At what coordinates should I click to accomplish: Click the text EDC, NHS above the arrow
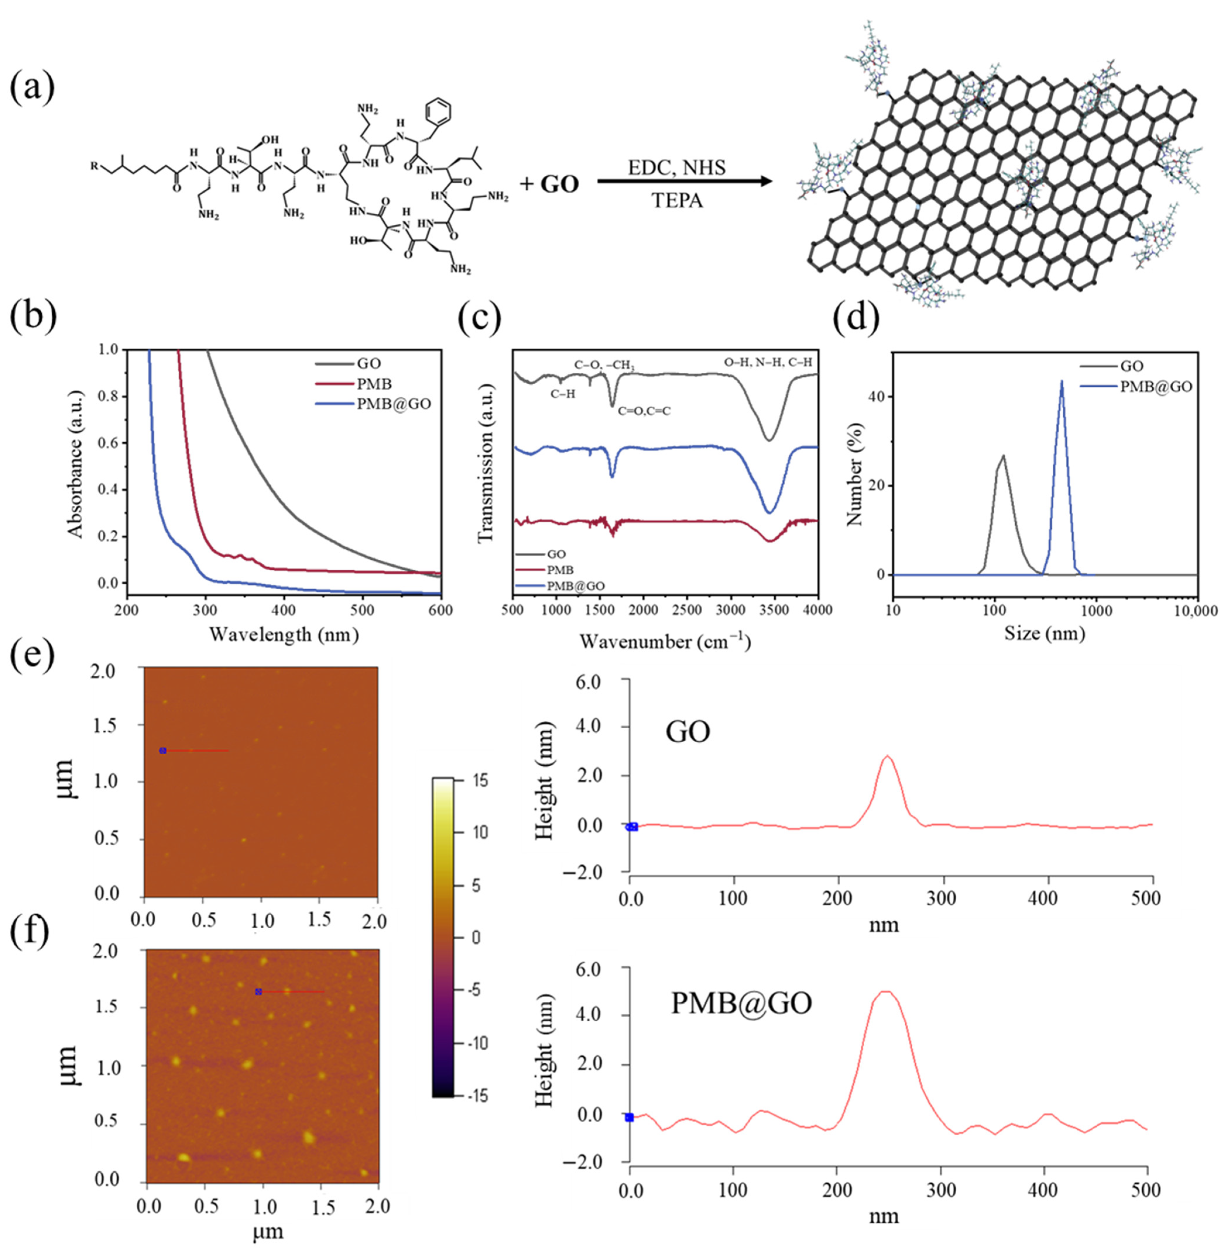pos(677,168)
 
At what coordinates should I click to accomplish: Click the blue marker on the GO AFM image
pos(163,750)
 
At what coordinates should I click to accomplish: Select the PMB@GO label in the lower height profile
pos(741,1003)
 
